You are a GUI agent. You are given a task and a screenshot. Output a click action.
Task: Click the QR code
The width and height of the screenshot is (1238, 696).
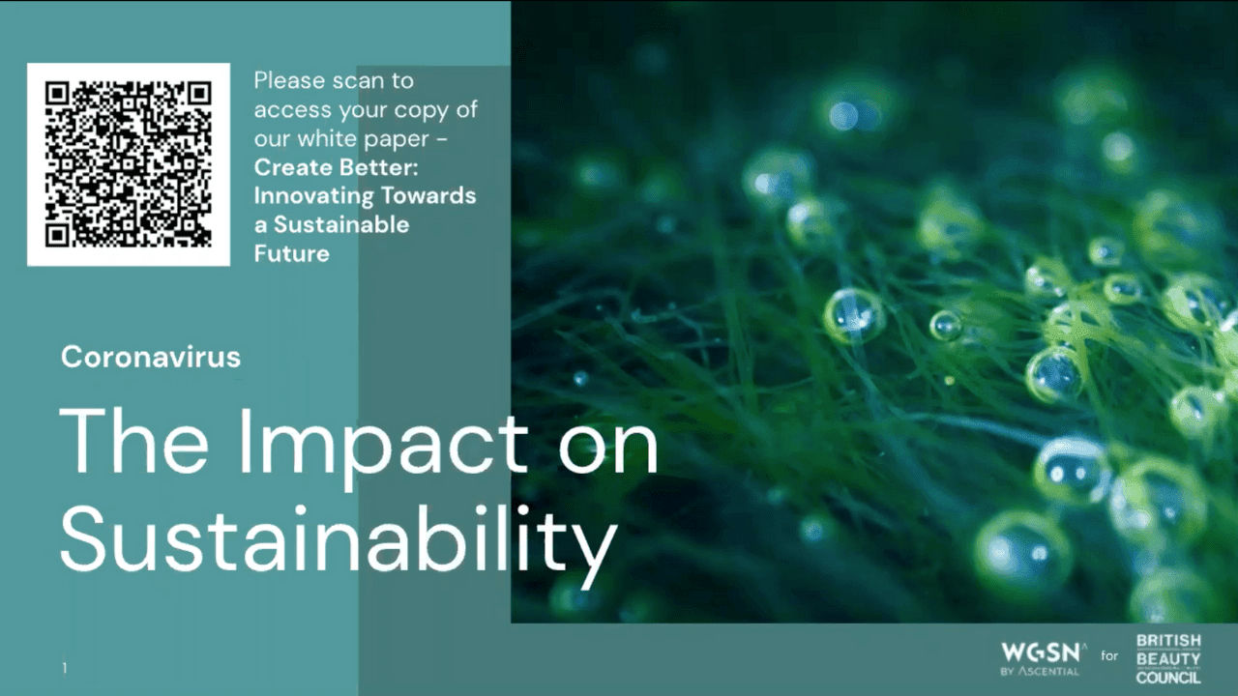point(129,164)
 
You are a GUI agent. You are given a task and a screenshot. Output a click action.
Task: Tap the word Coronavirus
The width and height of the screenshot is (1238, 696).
point(151,357)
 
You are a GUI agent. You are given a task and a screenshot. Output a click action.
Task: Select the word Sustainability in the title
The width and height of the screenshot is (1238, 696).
point(339,539)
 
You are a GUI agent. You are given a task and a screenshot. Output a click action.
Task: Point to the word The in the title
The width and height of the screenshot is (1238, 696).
point(133,441)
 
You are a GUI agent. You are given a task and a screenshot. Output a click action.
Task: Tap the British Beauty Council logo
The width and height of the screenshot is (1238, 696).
point(1168,658)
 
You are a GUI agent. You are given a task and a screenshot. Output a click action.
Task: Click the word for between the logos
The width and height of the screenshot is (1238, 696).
point(1109,655)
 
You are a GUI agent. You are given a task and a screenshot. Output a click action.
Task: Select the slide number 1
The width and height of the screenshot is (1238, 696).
point(65,668)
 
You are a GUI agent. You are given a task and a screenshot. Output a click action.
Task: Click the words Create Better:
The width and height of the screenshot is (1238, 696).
point(336,167)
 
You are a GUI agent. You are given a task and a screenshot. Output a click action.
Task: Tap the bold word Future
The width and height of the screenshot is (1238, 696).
point(292,253)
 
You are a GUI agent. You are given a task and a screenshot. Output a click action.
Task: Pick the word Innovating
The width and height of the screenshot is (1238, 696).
point(314,196)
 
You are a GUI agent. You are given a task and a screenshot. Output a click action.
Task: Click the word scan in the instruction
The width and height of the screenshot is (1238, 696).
point(358,81)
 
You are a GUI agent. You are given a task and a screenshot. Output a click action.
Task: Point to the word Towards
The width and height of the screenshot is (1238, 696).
point(428,196)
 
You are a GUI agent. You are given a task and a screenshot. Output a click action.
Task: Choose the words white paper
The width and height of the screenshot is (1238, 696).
point(363,139)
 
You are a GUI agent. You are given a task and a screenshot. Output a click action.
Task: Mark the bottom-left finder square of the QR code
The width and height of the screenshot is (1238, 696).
point(57,236)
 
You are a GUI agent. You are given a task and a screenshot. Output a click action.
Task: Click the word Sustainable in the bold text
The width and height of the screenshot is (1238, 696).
point(341,225)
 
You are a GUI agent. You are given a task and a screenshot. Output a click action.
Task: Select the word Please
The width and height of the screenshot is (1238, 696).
point(289,81)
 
